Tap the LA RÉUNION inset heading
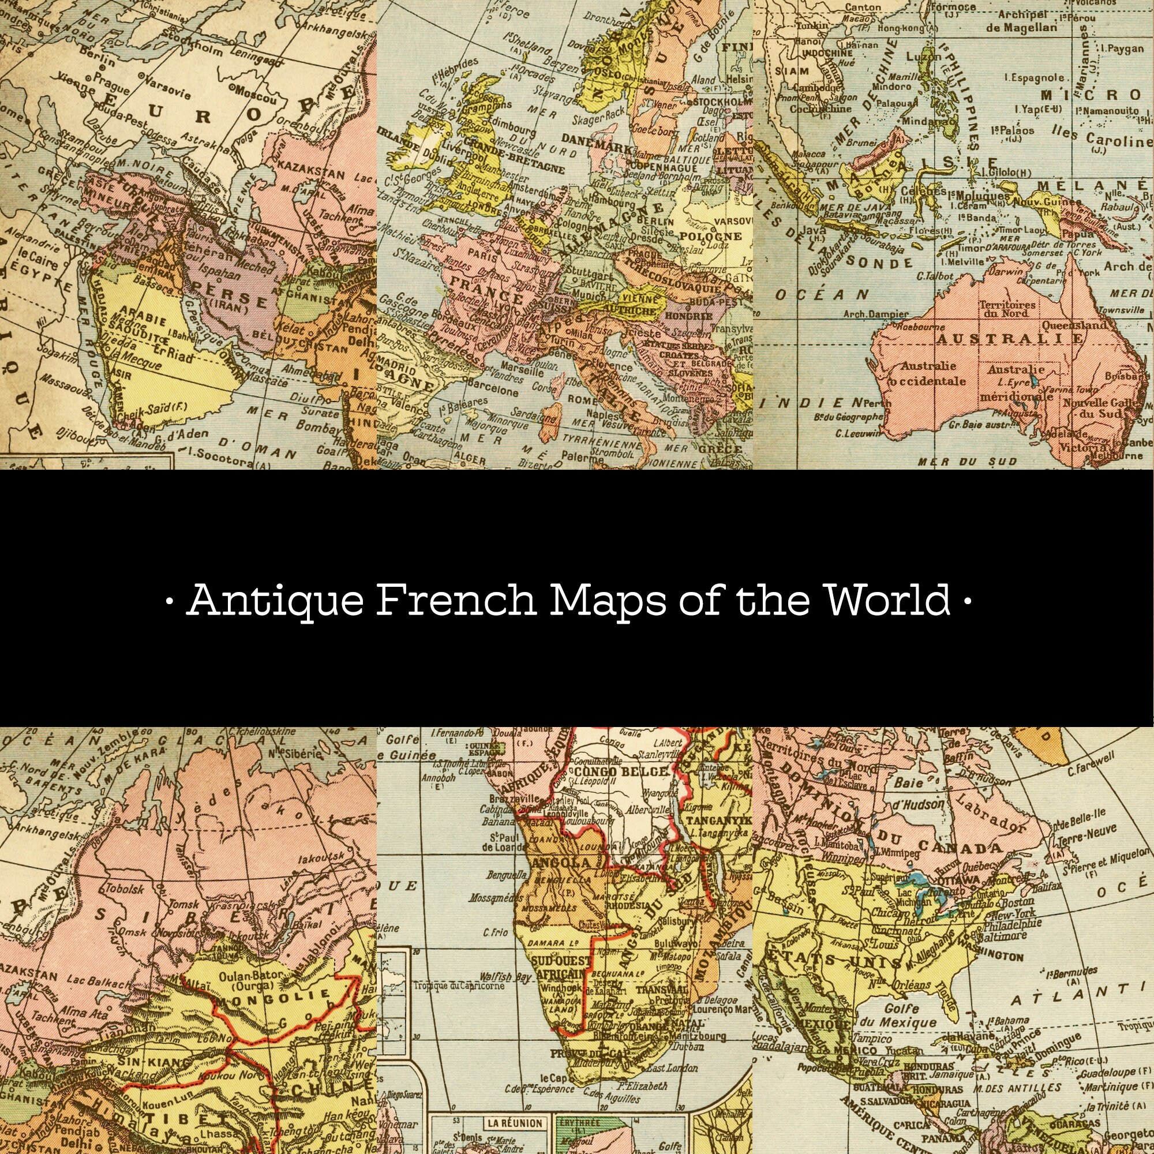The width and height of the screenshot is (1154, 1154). point(514,1123)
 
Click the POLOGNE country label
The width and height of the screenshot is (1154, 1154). point(710,237)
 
